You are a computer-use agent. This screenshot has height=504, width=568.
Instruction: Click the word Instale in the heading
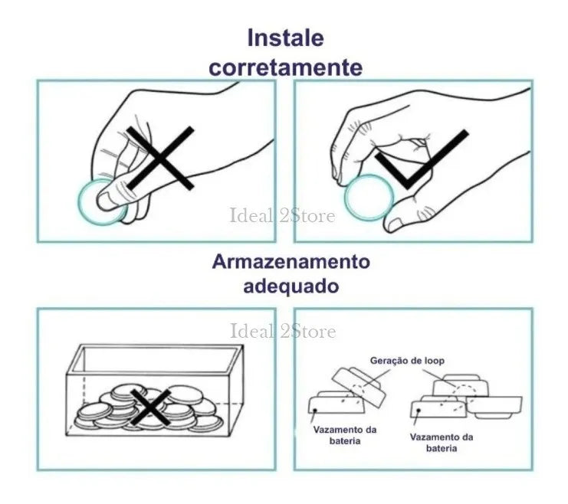pyautogui.click(x=285, y=38)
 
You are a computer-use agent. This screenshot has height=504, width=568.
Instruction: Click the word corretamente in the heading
pyautogui.click(x=285, y=67)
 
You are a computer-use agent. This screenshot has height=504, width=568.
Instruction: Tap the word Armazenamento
pyautogui.click(x=291, y=261)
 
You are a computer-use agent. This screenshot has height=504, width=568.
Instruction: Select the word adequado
pyautogui.click(x=291, y=286)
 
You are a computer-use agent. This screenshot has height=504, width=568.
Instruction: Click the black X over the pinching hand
pyautogui.click(x=160, y=158)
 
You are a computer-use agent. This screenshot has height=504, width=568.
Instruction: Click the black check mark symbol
pyautogui.click(x=422, y=159)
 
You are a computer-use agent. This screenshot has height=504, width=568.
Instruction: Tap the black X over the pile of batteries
pyautogui.click(x=150, y=407)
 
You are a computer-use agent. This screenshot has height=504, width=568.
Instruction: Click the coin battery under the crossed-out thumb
pyautogui.click(x=101, y=202)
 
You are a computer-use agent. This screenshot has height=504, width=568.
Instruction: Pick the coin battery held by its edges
pyautogui.click(x=369, y=198)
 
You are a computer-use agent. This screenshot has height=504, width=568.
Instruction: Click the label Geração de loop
pyautogui.click(x=407, y=361)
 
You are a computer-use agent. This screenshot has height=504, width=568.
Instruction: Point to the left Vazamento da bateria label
pyautogui.click(x=345, y=435)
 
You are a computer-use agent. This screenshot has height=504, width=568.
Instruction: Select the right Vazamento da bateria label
pyautogui.click(x=442, y=443)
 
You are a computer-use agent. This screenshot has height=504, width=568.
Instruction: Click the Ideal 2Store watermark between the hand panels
pyautogui.click(x=283, y=215)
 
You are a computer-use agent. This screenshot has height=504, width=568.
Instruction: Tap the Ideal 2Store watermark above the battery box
pyautogui.click(x=283, y=331)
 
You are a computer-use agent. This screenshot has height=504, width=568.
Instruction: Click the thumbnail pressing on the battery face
pyautogui.click(x=106, y=201)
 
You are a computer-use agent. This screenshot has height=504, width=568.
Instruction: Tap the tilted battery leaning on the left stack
pyautogui.click(x=359, y=387)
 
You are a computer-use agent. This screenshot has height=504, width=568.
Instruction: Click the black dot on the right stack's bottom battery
pyautogui.click(x=419, y=411)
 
